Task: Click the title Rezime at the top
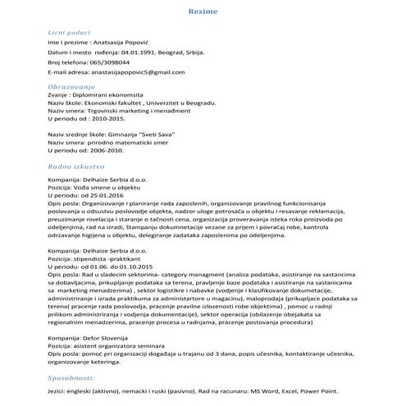(x=203, y=13)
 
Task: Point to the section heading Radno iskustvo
(x=73, y=166)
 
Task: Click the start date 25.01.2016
(x=107, y=198)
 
